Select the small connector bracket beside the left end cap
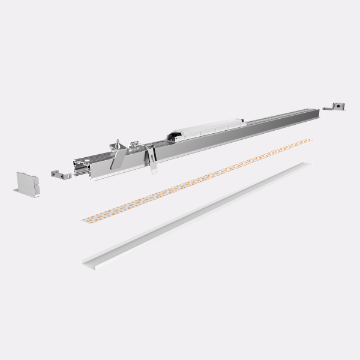coord(58,173)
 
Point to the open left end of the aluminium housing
coord(82,168)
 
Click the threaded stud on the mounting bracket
coord(119,143)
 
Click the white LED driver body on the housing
coord(210,128)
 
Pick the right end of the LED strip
coord(309,141)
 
